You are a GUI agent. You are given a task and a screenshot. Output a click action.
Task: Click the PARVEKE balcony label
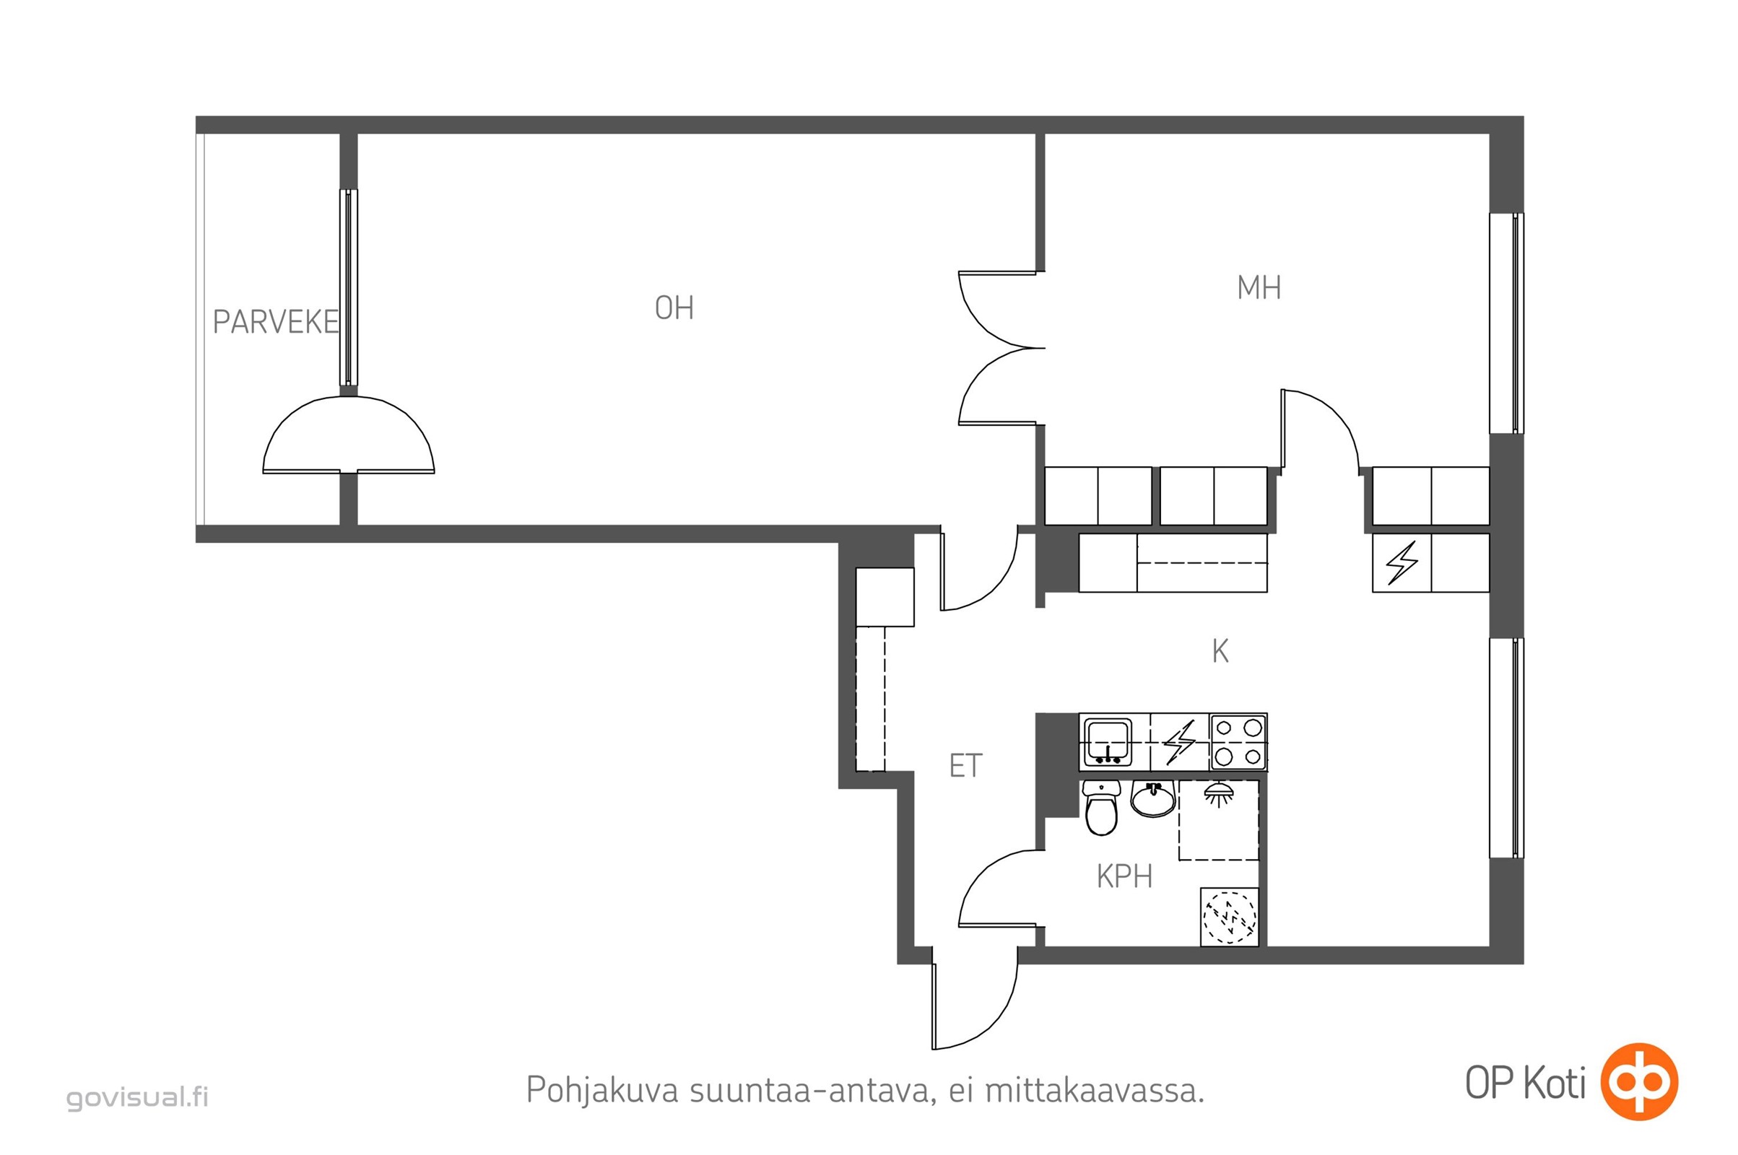pos(276,322)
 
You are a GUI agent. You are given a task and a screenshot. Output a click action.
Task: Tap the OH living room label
pos(674,308)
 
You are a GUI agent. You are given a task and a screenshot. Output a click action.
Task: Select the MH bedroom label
pos(1259,287)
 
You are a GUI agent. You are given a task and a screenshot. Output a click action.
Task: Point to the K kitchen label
pos(1220,651)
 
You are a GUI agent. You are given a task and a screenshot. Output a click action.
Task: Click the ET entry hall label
pos(965,766)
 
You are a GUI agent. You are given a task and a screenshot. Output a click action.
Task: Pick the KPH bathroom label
pos(1124,876)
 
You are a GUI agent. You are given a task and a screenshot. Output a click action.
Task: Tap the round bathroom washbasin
pos(1153,799)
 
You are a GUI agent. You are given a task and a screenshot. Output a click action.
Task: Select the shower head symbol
pos(1220,795)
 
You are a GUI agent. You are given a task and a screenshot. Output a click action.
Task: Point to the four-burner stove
pos(1238,742)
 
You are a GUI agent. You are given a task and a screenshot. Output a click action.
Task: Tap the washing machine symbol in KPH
pos(1230,917)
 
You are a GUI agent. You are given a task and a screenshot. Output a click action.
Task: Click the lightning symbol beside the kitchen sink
pos(1180,742)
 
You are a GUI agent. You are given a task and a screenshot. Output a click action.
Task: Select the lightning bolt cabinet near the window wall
pos(1402,563)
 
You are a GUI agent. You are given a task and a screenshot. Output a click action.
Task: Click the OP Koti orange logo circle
pos(1639,1081)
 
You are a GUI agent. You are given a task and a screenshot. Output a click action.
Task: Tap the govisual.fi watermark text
pos(138,1097)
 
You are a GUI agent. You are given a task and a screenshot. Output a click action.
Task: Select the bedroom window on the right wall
pos(1507,323)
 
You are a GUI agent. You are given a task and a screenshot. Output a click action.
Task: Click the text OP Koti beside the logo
pos(1525,1084)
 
